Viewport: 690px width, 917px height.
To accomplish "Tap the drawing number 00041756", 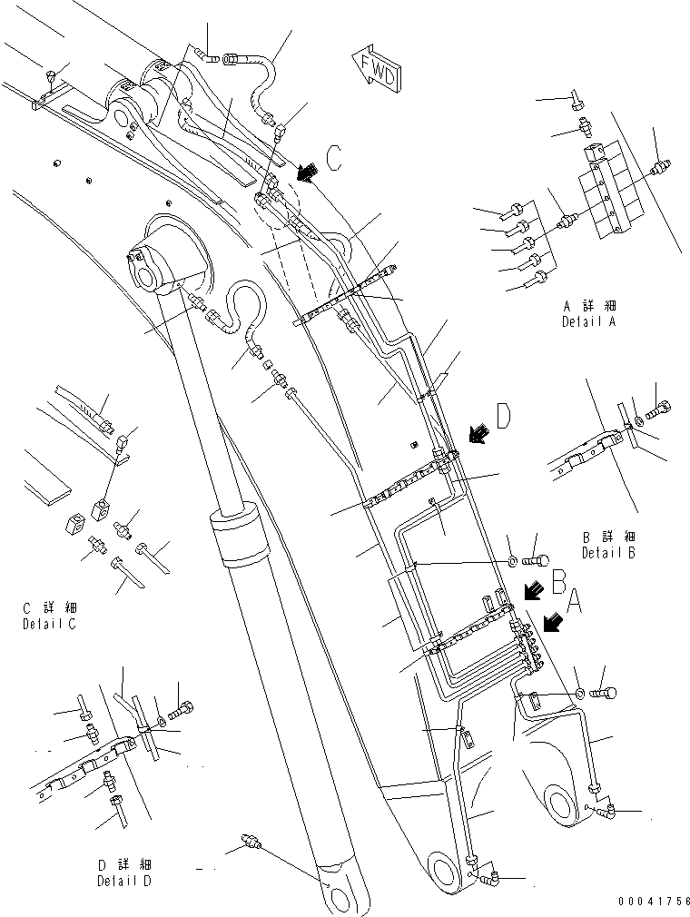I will click(x=652, y=902).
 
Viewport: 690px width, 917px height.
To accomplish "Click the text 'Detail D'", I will click(x=126, y=880).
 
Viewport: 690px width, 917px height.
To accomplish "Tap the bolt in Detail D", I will click(x=183, y=707).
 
